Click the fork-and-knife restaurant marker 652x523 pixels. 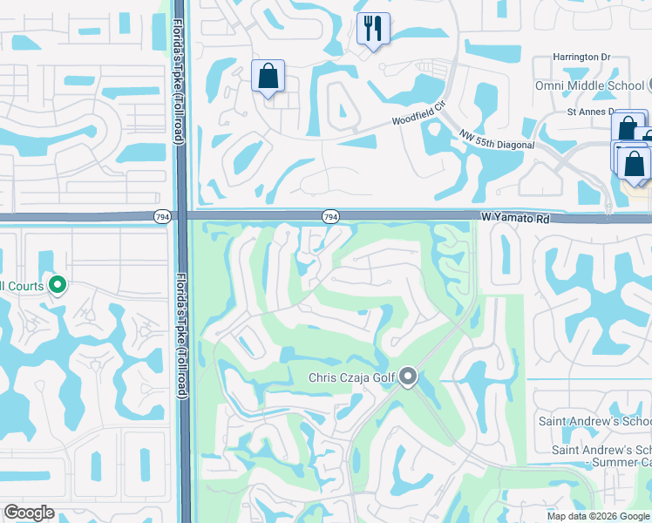373,29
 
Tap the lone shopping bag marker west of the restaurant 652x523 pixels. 268,76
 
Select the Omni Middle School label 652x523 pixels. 588,85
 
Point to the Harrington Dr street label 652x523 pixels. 581,57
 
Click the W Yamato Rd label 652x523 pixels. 515,218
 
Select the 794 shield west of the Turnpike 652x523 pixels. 162,216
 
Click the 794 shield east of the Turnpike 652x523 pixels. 329,216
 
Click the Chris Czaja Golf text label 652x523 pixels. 352,378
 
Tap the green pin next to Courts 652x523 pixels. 58,285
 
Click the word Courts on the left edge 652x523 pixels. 23,286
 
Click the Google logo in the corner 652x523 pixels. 29,513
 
